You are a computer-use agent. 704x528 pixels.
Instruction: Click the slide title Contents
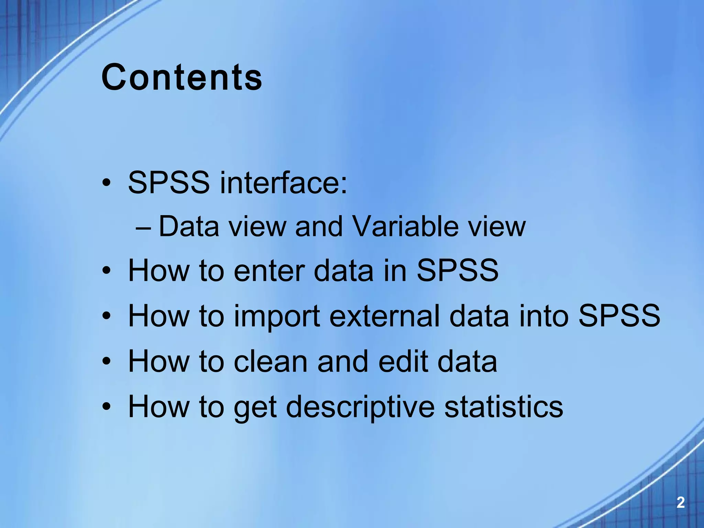(182, 77)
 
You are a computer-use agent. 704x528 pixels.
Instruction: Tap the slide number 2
(680, 503)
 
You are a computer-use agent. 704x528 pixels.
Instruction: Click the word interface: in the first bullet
(284, 182)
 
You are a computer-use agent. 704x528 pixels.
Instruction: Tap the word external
(384, 316)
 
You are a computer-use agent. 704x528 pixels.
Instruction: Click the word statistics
(504, 406)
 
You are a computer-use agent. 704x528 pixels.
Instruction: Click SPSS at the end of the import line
(619, 316)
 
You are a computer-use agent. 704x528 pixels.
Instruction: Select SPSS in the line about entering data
(457, 271)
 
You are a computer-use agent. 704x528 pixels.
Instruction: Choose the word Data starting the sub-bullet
(189, 227)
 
